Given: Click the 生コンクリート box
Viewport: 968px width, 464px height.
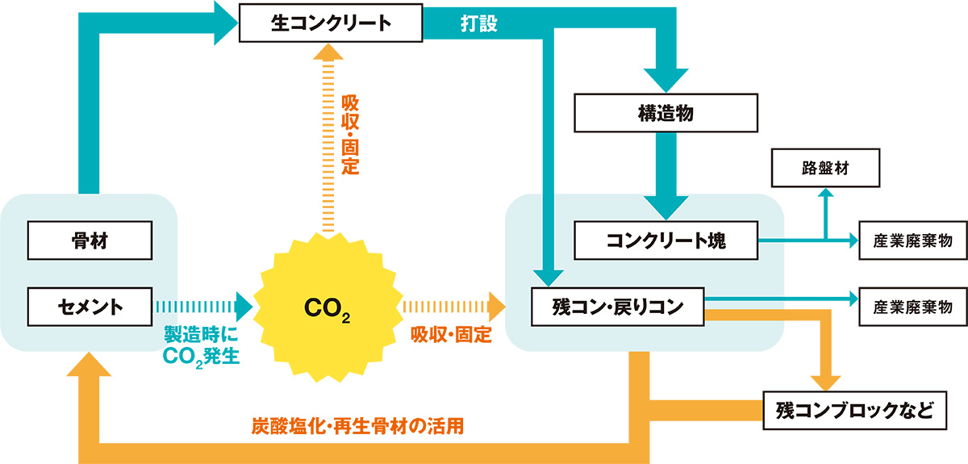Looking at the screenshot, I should [x=331, y=23].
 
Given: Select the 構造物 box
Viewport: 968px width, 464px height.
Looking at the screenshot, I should [x=665, y=113].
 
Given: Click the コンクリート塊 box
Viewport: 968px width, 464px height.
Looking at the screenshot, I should [x=665, y=240].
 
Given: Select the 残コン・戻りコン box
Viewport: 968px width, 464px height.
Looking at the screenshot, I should [x=617, y=307].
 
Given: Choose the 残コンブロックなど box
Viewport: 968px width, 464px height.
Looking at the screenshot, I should [x=853, y=411].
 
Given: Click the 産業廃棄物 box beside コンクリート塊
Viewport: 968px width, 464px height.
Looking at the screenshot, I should [x=912, y=240].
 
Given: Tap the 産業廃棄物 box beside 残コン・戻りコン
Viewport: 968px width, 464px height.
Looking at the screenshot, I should [x=912, y=307].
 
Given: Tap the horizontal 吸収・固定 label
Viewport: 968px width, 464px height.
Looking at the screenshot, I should [x=451, y=335].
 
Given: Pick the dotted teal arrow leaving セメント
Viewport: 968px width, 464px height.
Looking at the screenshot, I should [x=202, y=307].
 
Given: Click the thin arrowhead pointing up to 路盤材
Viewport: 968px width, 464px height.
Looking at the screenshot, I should [x=825, y=195].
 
